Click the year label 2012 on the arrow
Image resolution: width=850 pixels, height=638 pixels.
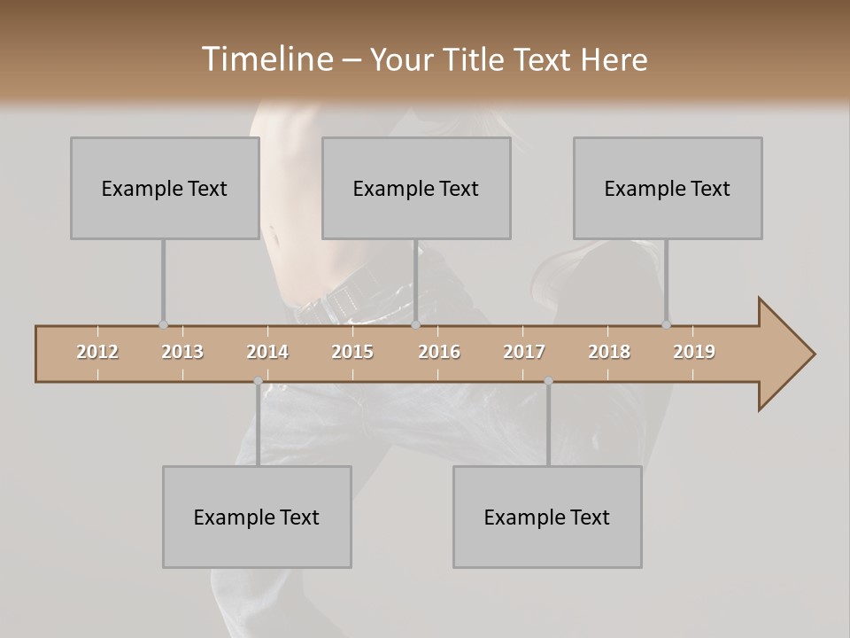(97, 352)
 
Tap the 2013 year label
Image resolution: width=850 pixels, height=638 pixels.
(182, 352)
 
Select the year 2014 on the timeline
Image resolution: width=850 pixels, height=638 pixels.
(267, 352)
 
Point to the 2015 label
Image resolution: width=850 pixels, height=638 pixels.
(352, 352)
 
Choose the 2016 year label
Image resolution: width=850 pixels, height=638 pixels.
(439, 352)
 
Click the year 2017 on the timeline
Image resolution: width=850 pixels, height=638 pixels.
(524, 352)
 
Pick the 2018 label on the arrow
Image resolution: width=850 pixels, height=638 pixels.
(609, 352)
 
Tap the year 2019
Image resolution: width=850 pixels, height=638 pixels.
(694, 352)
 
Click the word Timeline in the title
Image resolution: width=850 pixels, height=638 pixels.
(267, 59)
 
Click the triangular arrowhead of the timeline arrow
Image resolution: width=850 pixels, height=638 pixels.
(784, 354)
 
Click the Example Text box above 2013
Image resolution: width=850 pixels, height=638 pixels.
(165, 188)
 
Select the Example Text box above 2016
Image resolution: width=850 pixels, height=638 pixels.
(416, 188)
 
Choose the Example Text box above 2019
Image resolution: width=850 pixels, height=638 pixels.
(668, 188)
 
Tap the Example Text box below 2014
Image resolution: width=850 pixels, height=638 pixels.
(257, 517)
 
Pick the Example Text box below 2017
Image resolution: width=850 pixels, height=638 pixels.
(547, 517)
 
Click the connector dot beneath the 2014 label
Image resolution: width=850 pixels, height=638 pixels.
(258, 381)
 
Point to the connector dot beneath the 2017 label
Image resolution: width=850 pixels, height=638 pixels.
(548, 381)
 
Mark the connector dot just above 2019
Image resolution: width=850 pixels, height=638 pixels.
(667, 324)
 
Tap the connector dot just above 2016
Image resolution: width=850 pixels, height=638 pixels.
(416, 324)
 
